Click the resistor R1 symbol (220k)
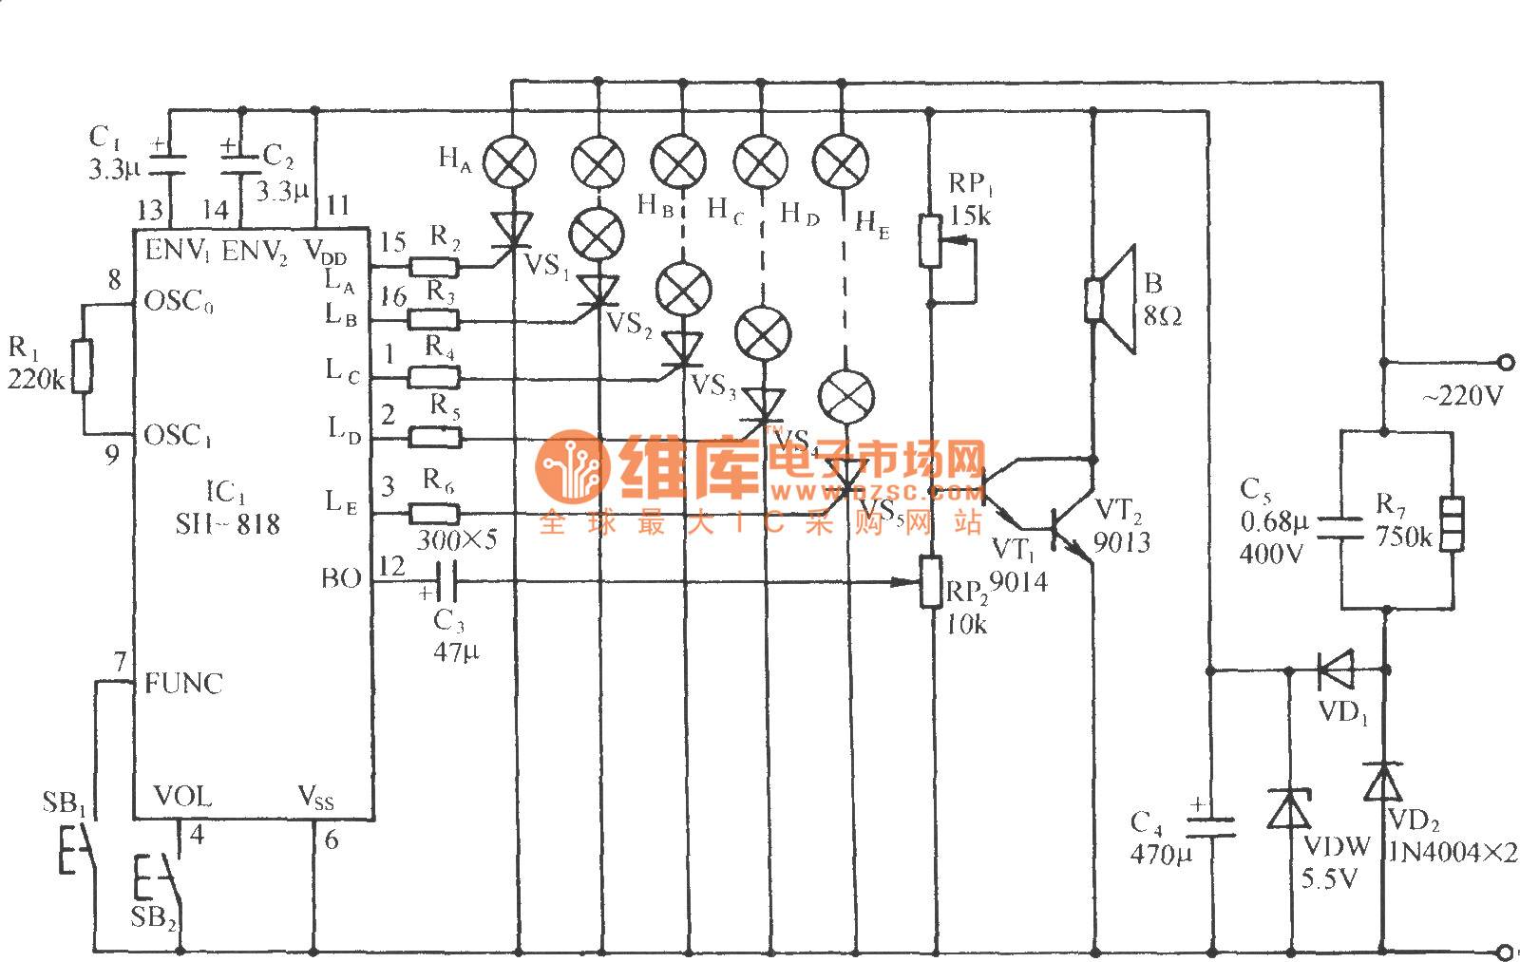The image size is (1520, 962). (83, 366)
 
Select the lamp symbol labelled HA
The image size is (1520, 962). (510, 162)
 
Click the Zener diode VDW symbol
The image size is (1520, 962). (1289, 810)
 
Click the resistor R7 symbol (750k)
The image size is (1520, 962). (1452, 523)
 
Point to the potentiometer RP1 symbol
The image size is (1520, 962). (932, 241)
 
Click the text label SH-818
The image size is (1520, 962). (228, 523)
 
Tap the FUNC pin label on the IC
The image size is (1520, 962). (183, 683)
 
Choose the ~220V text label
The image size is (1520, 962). (1462, 396)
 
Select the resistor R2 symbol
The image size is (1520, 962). (433, 266)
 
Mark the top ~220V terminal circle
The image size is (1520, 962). (1505, 362)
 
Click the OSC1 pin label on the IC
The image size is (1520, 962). (179, 436)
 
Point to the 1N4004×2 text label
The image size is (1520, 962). (1453, 852)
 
